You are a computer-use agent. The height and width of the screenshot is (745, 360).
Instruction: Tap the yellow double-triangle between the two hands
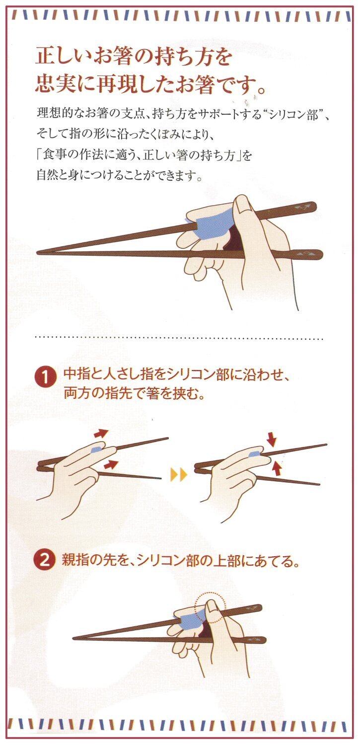click(x=179, y=475)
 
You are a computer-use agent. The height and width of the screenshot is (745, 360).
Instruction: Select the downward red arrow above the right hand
click(x=272, y=441)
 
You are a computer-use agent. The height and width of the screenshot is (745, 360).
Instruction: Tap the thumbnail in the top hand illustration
click(x=244, y=209)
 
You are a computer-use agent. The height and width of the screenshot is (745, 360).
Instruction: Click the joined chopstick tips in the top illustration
click(x=40, y=252)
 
